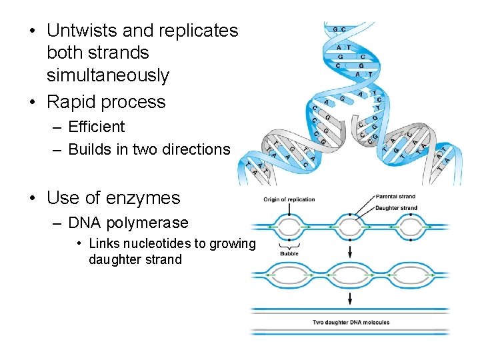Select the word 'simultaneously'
pos(108,75)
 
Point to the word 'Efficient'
pos(96,127)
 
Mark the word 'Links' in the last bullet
pos(103,243)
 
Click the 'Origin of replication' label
pos(289,199)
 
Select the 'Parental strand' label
pos(396,197)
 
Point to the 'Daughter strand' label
pos(397,208)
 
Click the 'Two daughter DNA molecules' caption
pos(351,323)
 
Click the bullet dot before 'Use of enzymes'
pos(33,199)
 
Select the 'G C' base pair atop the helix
pos(339,29)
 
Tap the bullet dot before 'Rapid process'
pos(33,103)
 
